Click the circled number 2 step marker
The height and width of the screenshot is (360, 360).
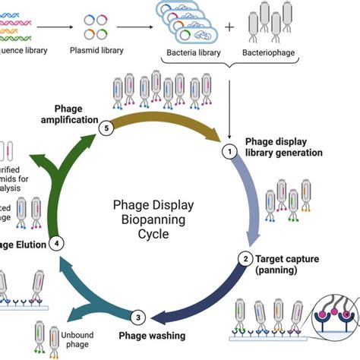click(x=245, y=259)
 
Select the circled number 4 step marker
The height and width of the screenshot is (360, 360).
click(x=55, y=244)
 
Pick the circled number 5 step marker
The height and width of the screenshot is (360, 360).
click(x=108, y=129)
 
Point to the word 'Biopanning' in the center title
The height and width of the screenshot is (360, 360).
click(x=153, y=220)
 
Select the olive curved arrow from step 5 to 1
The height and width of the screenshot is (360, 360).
click(x=166, y=111)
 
